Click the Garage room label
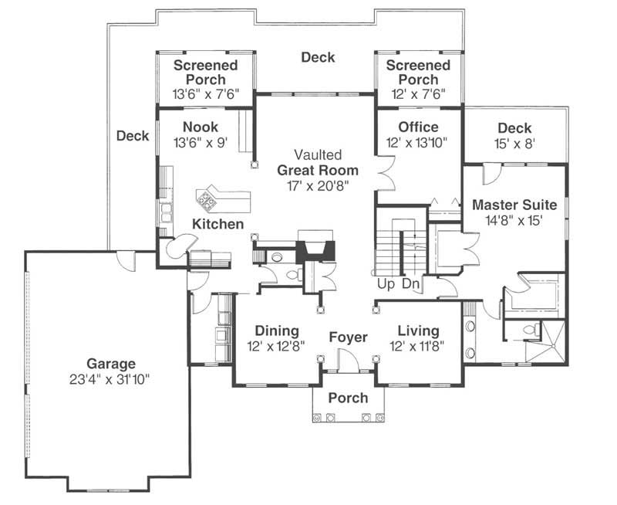111,364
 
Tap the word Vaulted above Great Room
318,154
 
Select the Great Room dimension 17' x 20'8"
318,185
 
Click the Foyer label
349,337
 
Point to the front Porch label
349,398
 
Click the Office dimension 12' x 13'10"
417,143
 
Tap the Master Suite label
514,205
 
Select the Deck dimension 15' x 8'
514,144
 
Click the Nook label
201,127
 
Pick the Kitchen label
217,224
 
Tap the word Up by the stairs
386,283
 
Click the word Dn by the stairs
410,283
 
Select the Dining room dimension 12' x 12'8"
276,346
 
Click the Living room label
418,331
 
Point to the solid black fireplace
315,250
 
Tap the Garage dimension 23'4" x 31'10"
110,380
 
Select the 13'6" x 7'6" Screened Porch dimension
206,94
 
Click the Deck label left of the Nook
133,136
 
